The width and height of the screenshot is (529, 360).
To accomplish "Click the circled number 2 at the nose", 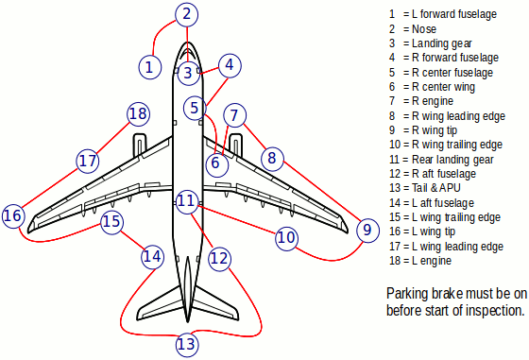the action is (187, 14).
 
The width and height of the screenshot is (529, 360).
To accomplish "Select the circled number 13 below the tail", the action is (187, 344).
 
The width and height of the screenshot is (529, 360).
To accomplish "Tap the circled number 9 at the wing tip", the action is (367, 231).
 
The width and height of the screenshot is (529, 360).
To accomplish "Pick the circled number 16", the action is (13, 216).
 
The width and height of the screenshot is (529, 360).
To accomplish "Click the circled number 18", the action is (138, 114).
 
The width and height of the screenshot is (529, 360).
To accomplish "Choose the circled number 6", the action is (216, 163).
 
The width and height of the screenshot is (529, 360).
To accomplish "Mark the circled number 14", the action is (152, 257).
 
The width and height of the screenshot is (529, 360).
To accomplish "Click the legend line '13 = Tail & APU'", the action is (425, 188).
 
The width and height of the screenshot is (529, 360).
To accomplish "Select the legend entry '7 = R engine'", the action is (421, 101).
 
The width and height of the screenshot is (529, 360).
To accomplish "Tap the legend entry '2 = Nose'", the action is (413, 29).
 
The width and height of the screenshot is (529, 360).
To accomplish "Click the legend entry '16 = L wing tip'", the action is (422, 231).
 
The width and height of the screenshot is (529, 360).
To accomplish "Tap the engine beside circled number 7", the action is (235, 146).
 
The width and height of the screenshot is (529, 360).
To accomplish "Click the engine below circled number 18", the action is (140, 146).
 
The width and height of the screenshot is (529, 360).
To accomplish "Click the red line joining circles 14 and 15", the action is (132, 241).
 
